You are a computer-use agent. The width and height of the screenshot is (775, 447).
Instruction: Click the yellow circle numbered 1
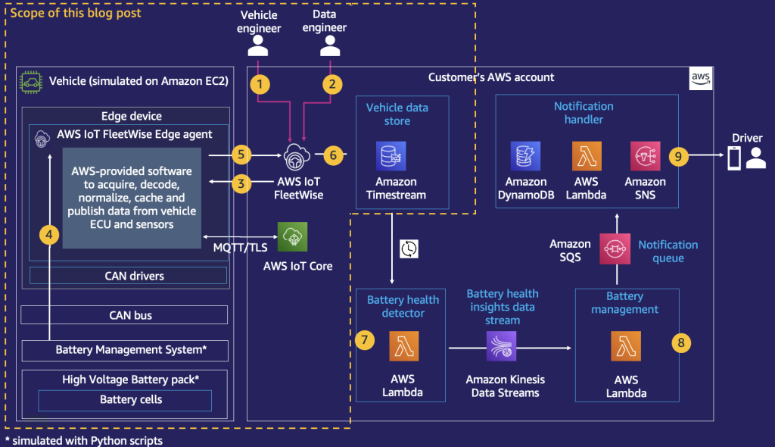click(260, 84)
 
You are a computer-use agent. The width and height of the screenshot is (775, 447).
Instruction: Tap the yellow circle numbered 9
click(679, 157)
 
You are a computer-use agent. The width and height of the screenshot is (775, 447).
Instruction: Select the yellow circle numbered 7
click(364, 341)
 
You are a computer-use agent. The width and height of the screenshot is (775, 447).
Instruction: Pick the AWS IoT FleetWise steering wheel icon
click(297, 157)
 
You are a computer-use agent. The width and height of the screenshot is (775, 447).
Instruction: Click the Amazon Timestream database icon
click(391, 156)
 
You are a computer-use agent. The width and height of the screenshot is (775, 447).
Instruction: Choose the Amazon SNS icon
click(645, 156)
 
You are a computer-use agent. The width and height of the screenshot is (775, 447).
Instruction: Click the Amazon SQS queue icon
click(615, 249)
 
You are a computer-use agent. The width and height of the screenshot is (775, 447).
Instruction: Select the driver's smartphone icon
click(733, 158)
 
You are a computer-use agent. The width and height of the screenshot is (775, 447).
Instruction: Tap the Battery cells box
click(125, 400)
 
